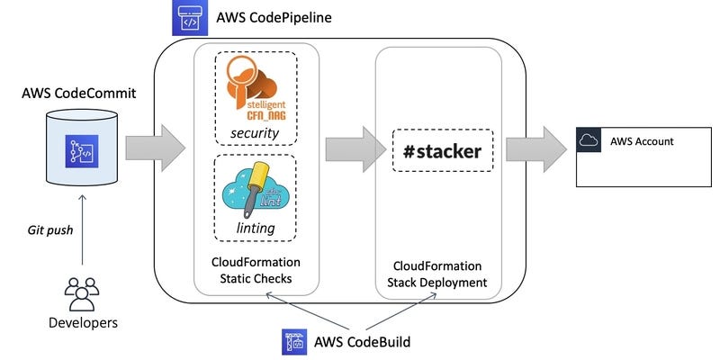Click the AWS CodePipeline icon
point(188,18)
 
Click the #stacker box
point(437,151)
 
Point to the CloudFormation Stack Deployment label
point(437,274)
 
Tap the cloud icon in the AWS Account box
point(589,140)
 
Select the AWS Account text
point(641,141)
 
